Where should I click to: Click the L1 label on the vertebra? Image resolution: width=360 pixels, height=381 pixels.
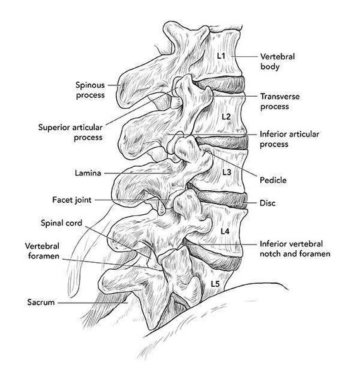pyautogui.click(x=221, y=56)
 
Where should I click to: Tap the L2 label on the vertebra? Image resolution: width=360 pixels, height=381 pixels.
pyautogui.click(x=226, y=117)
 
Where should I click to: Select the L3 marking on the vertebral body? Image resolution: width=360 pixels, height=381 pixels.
pyautogui.click(x=227, y=172)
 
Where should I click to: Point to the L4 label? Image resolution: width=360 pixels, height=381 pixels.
pyautogui.click(x=225, y=231)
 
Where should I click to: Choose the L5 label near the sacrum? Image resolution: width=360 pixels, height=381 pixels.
pyautogui.click(x=215, y=284)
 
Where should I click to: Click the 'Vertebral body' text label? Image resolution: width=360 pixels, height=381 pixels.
pyautogui.click(x=277, y=61)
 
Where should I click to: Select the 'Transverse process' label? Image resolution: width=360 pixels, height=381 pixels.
pyautogui.click(x=280, y=101)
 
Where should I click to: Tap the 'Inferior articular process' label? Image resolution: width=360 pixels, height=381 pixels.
pyautogui.click(x=289, y=139)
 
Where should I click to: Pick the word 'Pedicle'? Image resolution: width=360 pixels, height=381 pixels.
pyautogui.click(x=273, y=180)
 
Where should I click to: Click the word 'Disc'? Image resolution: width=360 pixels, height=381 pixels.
pyautogui.click(x=267, y=203)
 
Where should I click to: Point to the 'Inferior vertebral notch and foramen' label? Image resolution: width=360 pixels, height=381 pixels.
pyautogui.click(x=295, y=249)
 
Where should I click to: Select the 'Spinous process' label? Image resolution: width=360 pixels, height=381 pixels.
pyautogui.click(x=90, y=90)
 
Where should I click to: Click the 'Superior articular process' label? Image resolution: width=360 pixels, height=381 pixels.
pyautogui.click(x=71, y=132)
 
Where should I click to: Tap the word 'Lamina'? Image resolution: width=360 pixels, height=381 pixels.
pyautogui.click(x=88, y=173)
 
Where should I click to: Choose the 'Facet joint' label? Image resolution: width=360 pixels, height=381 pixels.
pyautogui.click(x=72, y=200)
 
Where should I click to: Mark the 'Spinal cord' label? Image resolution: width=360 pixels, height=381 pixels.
pyautogui.click(x=61, y=223)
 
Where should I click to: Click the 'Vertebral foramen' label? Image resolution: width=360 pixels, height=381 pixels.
pyautogui.click(x=42, y=251)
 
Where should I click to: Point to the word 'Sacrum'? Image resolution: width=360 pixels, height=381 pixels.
pyautogui.click(x=41, y=302)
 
